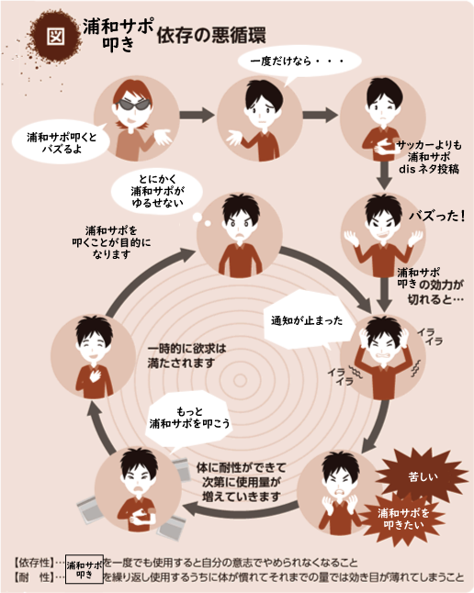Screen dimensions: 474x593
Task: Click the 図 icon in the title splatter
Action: pyautogui.click(x=56, y=36)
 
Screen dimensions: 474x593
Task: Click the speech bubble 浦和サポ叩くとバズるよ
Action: pyautogui.click(x=62, y=142)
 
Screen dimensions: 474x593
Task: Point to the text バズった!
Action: pyautogui.click(x=437, y=216)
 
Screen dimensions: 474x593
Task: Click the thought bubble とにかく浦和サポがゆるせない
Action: pyautogui.click(x=157, y=191)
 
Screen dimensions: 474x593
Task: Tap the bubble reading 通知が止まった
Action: pyautogui.click(x=307, y=320)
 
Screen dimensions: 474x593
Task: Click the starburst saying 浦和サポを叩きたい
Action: pyautogui.click(x=403, y=519)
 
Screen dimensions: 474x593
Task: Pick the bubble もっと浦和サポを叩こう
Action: pyautogui.click(x=189, y=418)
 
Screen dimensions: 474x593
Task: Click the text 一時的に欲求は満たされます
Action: pyautogui.click(x=186, y=355)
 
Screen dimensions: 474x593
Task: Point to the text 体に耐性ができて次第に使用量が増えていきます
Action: pyautogui.click(x=242, y=482)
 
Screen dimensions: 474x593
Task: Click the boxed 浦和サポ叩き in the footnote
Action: pyautogui.click(x=85, y=569)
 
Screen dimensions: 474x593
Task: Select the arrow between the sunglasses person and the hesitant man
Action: pyautogui.click(x=197, y=115)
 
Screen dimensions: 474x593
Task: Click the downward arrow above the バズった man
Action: pyautogui.click(x=384, y=175)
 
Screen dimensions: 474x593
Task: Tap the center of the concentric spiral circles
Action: pyautogui.click(x=240, y=380)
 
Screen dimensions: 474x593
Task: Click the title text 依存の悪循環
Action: pyautogui.click(x=211, y=36)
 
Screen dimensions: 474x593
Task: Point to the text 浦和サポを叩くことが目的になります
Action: pyautogui.click(x=112, y=242)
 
